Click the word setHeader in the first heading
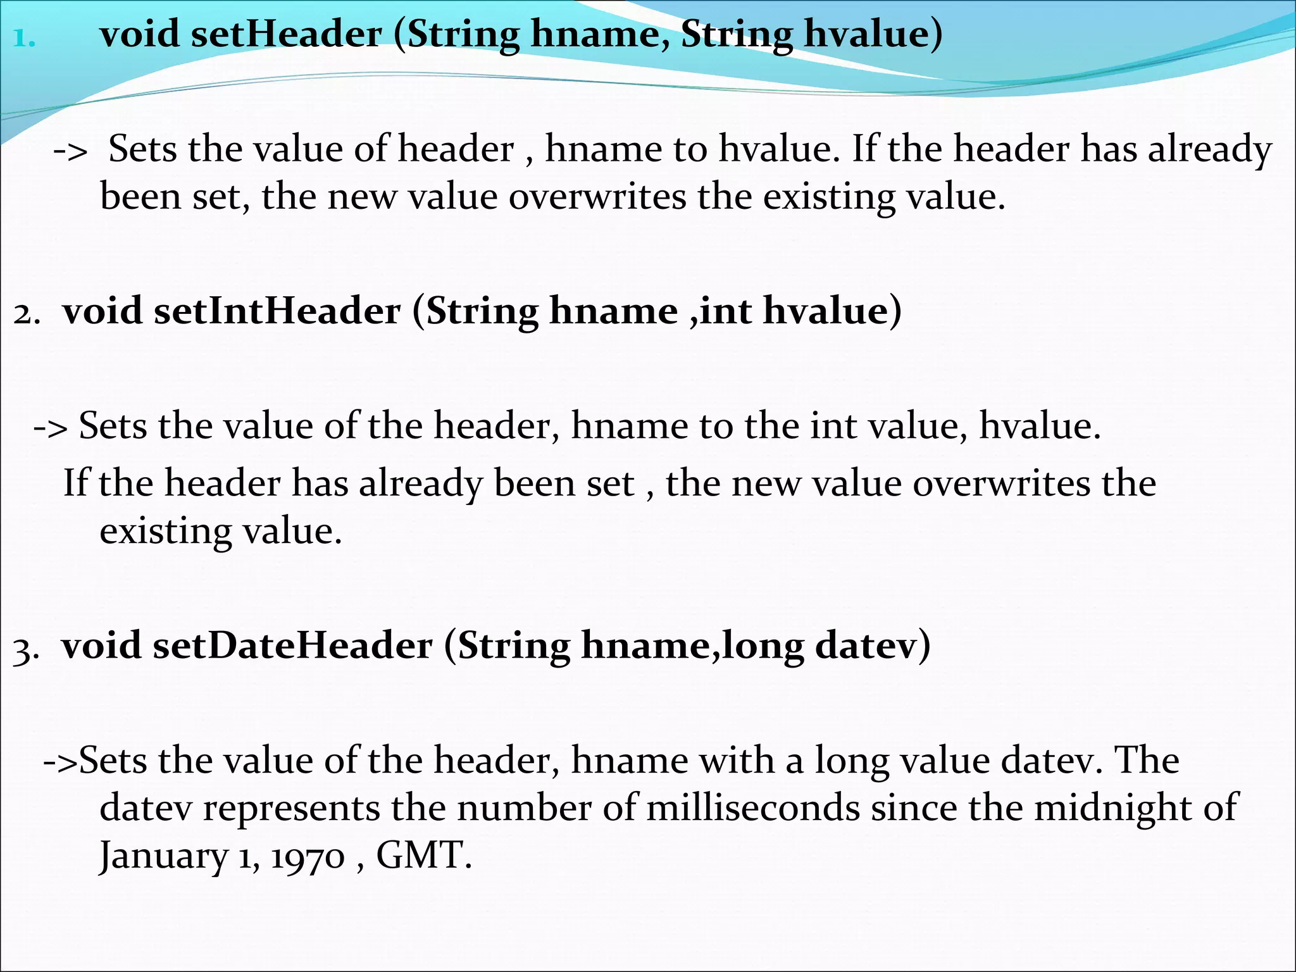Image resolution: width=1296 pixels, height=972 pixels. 286,34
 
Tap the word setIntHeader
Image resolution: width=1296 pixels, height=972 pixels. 277,311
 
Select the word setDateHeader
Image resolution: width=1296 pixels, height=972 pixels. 292,646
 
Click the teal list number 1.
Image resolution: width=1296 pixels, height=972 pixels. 24,39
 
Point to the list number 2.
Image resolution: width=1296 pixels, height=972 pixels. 27,314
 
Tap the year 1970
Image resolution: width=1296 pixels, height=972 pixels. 308,857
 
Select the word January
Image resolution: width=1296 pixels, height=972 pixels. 163,856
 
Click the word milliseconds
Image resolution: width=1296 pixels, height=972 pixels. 753,808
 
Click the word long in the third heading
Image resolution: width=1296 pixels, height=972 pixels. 763,647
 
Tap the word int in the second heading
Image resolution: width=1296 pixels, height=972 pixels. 726,311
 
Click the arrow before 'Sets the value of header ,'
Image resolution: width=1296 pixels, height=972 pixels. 70,151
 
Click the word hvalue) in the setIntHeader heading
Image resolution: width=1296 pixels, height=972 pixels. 832,311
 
